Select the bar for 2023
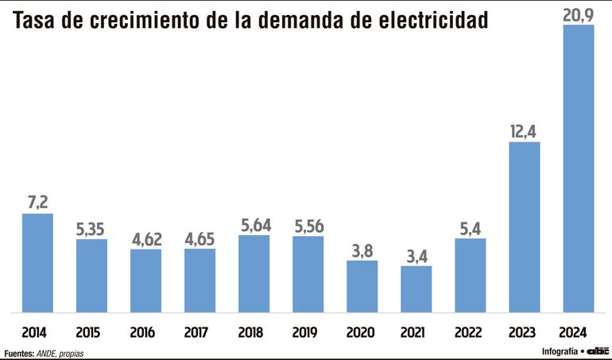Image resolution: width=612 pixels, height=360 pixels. coord(524,227)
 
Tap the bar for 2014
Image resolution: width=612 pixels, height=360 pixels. coord(37,263)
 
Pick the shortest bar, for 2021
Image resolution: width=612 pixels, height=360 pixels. coord(416,289)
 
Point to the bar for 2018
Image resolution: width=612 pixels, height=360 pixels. coord(254,274)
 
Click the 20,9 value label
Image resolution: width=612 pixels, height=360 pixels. coord(578,14)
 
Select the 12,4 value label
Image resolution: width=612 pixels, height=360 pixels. coord(524,130)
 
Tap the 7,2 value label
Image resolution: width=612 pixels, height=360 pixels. coord(37,202)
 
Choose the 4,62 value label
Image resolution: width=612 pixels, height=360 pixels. coord(145,238)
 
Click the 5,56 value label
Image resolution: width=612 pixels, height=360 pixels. coord(308,225)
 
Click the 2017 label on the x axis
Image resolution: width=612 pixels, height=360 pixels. coord(199,331)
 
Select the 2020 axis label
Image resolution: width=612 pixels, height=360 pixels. coord(362,331)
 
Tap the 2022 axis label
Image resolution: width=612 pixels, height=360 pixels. coord(470,331)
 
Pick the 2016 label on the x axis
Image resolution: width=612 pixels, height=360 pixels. coord(145,331)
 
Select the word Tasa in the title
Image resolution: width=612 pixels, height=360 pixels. coord(35,21)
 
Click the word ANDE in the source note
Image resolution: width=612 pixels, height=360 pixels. coord(46,353)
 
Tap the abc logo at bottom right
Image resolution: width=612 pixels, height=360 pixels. coord(598,350)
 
